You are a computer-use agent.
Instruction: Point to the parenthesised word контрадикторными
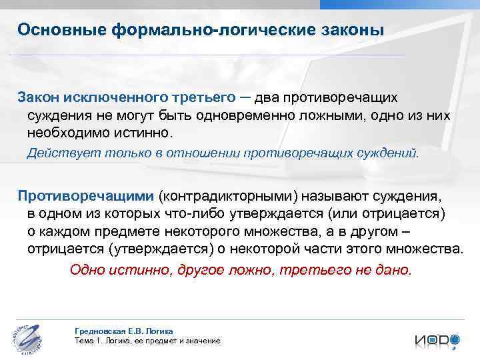(x=227, y=197)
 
